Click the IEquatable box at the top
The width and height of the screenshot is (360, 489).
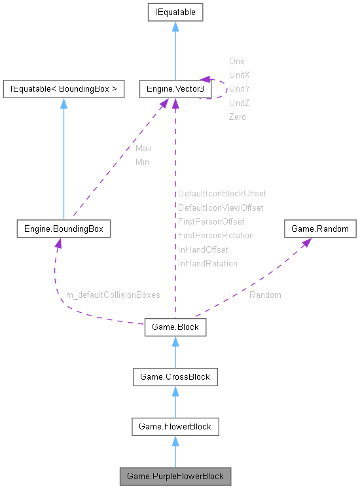[x=175, y=12]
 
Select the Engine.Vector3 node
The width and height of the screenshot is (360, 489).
[x=175, y=88]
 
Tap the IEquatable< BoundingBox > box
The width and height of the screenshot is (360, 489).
[x=63, y=88]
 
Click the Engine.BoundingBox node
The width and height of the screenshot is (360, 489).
[x=63, y=229]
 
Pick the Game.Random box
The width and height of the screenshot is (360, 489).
[x=320, y=229]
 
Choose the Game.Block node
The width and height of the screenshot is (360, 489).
[x=175, y=326]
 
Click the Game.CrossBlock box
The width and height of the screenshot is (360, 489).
[x=175, y=376]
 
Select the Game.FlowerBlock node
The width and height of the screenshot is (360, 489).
[x=175, y=427]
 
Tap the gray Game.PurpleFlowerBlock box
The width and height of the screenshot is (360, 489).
[x=175, y=475]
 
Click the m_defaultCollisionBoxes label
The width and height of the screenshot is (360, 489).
[x=113, y=295]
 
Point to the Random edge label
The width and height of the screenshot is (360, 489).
[x=265, y=295]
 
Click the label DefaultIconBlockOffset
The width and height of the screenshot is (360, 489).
[x=222, y=194]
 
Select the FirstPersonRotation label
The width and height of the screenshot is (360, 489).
[x=215, y=235]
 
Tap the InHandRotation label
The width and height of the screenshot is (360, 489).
[x=207, y=263]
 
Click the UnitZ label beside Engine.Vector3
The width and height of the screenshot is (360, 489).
[x=239, y=103]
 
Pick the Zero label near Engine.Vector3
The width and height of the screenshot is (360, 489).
[x=237, y=117]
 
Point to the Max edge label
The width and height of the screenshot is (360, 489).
[x=143, y=149]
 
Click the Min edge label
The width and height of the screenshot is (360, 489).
[x=142, y=162]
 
